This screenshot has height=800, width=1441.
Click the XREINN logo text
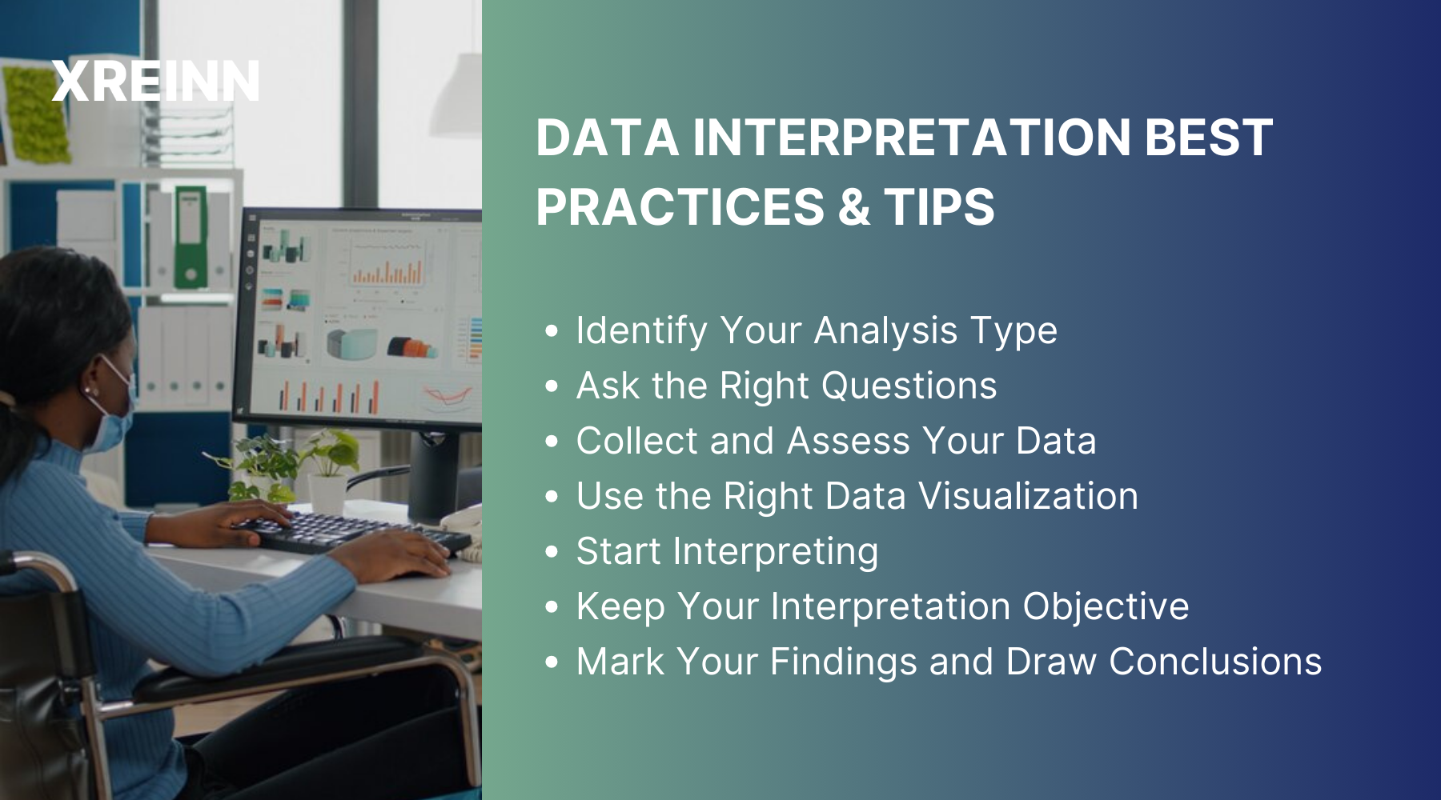tap(155, 82)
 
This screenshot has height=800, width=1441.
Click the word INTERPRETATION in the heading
tap(912, 138)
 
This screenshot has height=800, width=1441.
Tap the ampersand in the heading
tap(854, 207)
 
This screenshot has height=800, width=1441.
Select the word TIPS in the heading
tap(939, 207)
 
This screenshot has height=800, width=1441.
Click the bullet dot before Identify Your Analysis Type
tap(551, 331)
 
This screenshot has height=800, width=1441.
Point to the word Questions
tap(909, 386)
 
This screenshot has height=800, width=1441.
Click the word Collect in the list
tap(636, 441)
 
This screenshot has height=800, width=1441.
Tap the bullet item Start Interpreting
tap(726, 551)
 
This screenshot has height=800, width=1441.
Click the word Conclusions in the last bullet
tap(1214, 662)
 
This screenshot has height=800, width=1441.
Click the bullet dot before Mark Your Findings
tap(551, 662)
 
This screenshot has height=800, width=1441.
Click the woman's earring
tap(87, 391)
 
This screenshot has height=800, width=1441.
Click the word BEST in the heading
tap(1208, 138)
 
